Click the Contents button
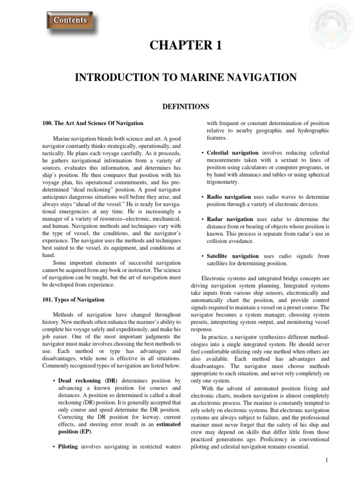70,21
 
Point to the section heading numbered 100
92,123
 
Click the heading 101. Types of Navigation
73,300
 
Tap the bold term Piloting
69,447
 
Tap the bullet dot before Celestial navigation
202,153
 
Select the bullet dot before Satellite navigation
202,256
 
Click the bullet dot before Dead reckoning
54,380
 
